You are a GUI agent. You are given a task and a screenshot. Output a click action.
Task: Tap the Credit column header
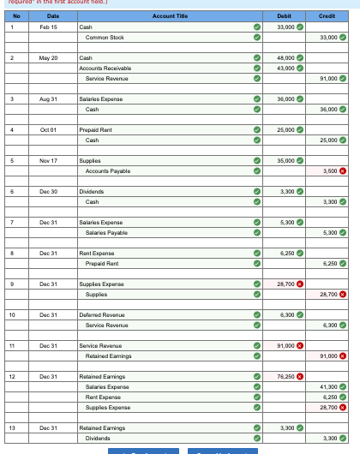pyautogui.click(x=327, y=15)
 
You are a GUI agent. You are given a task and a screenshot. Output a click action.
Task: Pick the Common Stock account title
pyautogui.click(x=105, y=38)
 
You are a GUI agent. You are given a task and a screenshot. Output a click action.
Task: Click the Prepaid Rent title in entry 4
pyautogui.click(x=96, y=129)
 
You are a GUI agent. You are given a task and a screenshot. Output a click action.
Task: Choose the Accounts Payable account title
pyautogui.click(x=108, y=170)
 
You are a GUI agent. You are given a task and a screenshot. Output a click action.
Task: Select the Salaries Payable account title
pyautogui.click(x=107, y=232)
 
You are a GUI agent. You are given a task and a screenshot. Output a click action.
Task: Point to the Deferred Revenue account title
pyautogui.click(x=101, y=314)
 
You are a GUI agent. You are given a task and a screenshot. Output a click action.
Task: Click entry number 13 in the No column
pyautogui.click(x=13, y=427)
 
